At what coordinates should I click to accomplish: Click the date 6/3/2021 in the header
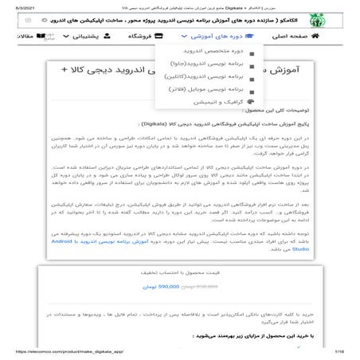[x=14, y=6]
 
